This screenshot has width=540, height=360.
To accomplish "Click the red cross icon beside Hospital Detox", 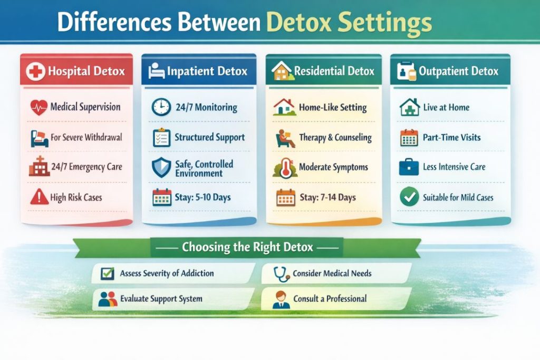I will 35,71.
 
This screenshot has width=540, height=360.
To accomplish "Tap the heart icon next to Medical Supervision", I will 38,108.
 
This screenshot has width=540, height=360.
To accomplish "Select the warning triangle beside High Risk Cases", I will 38,198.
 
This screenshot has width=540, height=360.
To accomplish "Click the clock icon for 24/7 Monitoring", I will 161,108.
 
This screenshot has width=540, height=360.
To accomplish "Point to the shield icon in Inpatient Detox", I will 161,168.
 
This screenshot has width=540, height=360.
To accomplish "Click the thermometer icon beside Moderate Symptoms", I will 285,168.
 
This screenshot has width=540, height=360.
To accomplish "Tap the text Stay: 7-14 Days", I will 327,198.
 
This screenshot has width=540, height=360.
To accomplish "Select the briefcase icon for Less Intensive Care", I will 409,168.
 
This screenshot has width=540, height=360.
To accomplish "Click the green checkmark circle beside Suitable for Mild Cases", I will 409,198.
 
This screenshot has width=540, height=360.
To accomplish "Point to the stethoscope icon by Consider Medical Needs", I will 279,274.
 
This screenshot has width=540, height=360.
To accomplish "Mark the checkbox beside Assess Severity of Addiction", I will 107,274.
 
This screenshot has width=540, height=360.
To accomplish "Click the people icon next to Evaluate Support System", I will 107,299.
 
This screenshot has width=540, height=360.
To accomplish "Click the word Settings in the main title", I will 385,24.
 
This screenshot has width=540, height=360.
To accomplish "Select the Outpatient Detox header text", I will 458,71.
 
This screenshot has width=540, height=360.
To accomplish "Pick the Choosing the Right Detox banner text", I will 247,247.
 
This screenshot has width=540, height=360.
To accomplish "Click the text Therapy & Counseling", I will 335,138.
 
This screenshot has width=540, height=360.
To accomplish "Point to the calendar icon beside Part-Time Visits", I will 409,138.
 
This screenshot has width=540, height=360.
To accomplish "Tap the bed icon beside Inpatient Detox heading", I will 156,71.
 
